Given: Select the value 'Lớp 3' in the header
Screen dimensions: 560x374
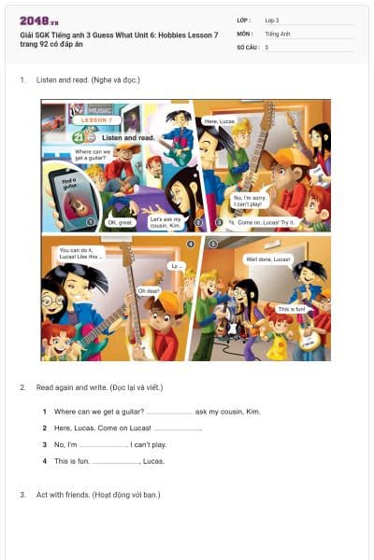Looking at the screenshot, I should click(x=272, y=20).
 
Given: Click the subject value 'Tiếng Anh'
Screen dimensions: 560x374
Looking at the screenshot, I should click(x=278, y=33).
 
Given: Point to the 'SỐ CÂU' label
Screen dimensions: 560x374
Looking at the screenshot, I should click(x=246, y=47).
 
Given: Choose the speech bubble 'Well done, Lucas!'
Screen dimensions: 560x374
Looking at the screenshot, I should click(x=268, y=259).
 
